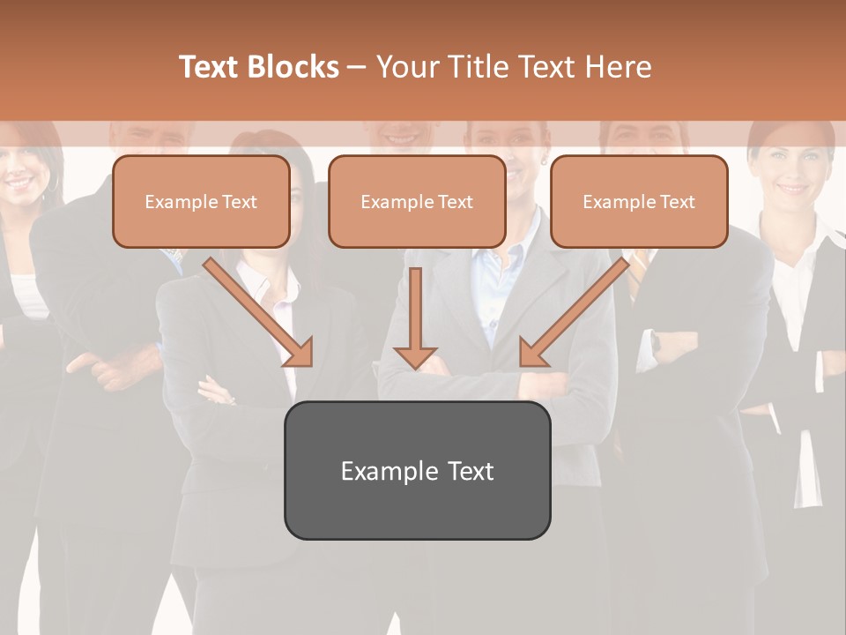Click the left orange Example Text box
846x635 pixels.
point(201,201)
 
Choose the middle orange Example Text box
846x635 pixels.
point(417,201)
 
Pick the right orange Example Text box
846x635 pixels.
point(639,201)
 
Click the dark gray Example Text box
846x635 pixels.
point(417,470)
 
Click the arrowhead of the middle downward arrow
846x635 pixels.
point(415,357)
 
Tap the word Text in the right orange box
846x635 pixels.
point(677,202)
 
